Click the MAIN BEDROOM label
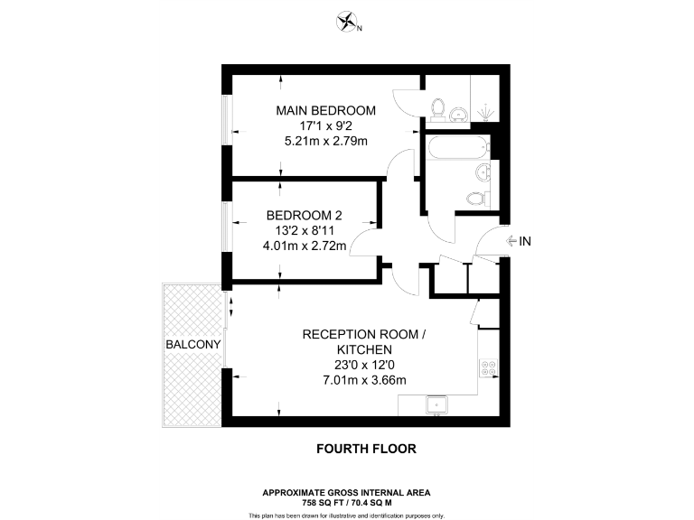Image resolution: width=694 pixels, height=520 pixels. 325,110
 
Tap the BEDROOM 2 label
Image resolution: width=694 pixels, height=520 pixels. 303,215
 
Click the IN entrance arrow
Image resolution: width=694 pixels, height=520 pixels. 519,241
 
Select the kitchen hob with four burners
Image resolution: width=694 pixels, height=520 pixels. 489,368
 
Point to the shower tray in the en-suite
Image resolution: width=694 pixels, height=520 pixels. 484,108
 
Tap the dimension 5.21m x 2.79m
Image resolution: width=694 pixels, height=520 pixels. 325,141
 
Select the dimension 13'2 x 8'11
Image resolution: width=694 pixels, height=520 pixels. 303,230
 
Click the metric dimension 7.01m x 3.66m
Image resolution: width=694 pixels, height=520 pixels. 364,380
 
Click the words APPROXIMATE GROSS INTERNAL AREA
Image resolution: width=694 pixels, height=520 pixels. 346,492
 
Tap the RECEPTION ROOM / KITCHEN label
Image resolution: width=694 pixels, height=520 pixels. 363,341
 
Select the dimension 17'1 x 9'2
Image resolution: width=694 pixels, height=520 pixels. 325,125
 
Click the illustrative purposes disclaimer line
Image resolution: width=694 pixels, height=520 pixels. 346,515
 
